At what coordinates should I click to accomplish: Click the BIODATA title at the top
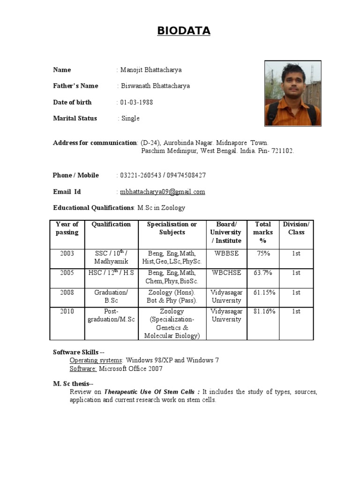[x=184, y=31]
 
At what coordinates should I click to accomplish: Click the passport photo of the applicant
[x=293, y=93]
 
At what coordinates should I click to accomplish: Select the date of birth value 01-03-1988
[x=136, y=102]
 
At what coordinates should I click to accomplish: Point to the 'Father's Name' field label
[x=75, y=86]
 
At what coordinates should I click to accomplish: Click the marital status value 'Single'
[x=130, y=119]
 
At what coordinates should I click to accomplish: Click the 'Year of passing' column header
[x=67, y=228]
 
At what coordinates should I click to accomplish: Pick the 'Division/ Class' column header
[x=296, y=228]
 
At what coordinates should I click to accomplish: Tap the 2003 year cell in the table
[x=67, y=254]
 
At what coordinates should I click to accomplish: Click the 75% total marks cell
[x=263, y=254]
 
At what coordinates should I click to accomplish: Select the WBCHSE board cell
[x=226, y=273]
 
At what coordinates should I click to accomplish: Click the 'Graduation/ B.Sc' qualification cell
[x=111, y=296]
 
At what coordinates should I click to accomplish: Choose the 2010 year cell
[x=67, y=311]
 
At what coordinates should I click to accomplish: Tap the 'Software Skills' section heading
[x=75, y=352]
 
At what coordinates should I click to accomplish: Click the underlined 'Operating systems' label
[x=96, y=360]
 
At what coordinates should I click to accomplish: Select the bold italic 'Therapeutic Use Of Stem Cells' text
[x=152, y=392]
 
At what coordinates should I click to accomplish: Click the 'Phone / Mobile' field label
[x=76, y=175]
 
